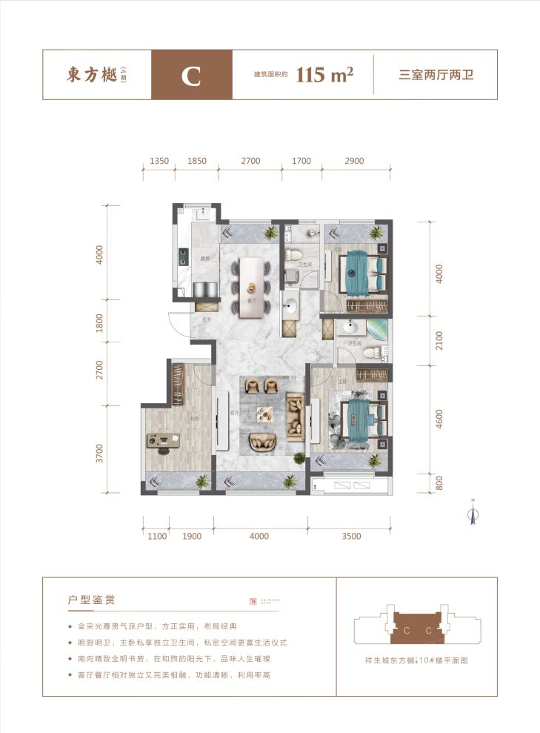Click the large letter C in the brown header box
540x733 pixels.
[x=191, y=76]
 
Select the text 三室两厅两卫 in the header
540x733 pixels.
[x=436, y=76]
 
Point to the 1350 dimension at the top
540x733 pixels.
[x=159, y=161]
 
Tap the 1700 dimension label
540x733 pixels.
[x=301, y=161]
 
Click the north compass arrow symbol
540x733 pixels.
[x=470, y=513]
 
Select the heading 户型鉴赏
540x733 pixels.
[x=90, y=598]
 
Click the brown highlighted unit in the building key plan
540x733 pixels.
[x=418, y=630]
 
